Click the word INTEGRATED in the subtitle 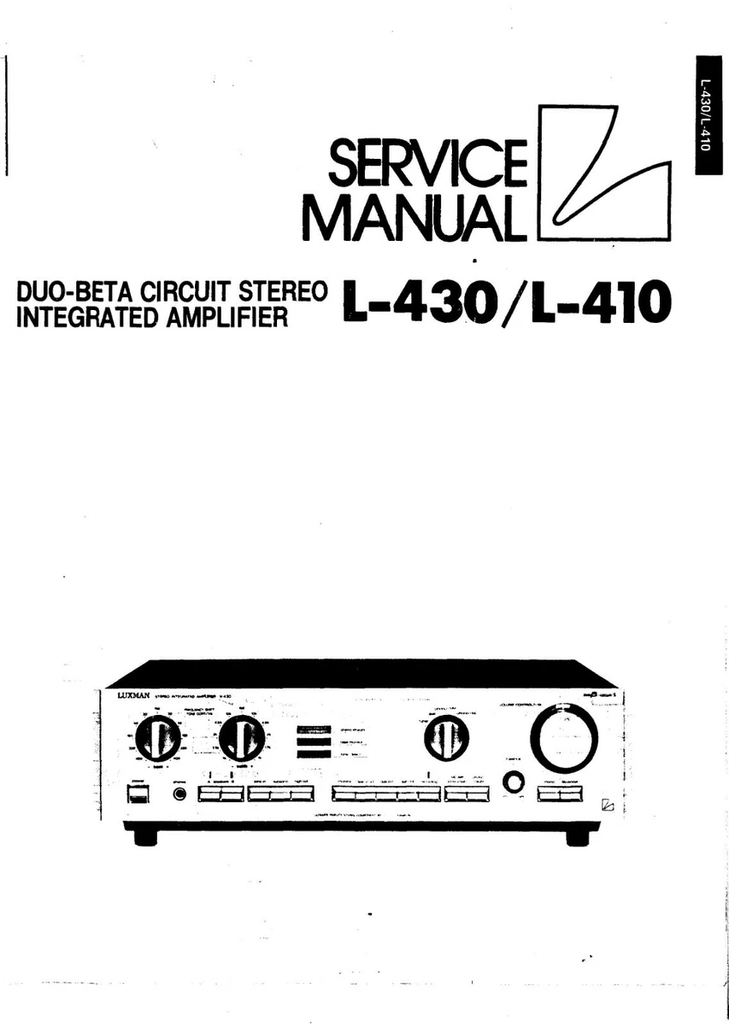pyautogui.click(x=84, y=318)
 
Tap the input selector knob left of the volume pyautogui.click(x=445, y=737)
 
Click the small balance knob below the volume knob pyautogui.click(x=513, y=782)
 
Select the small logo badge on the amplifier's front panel pyautogui.click(x=608, y=804)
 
